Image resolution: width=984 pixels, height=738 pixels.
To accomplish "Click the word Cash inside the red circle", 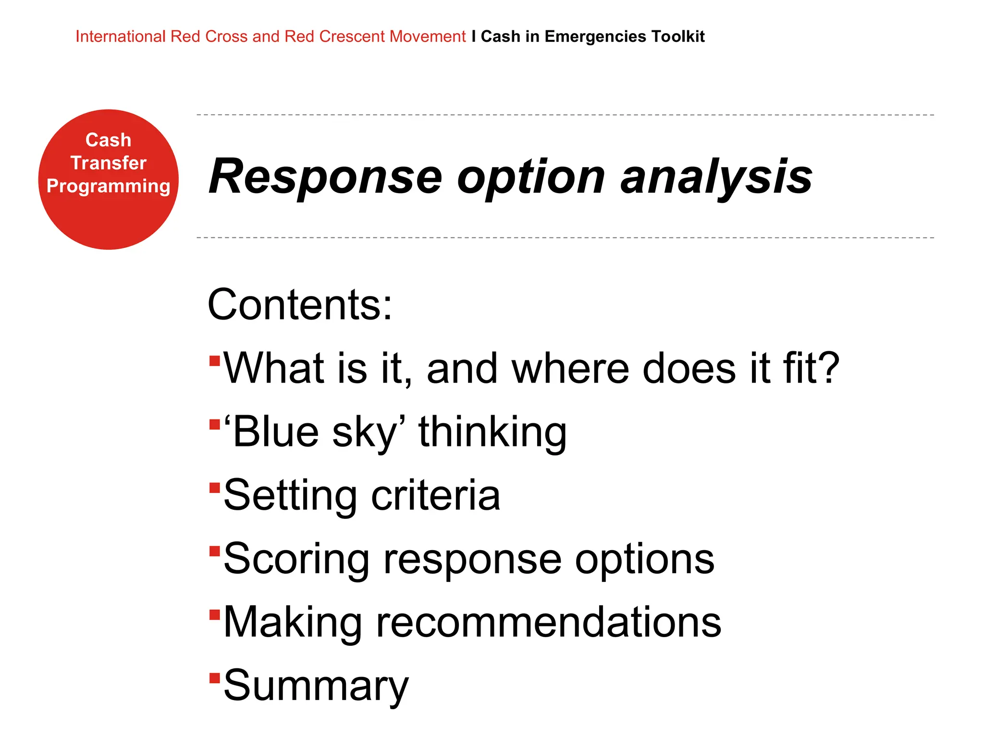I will pyautogui.click(x=108, y=140).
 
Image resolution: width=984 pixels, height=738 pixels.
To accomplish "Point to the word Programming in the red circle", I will pyautogui.click(x=108, y=186).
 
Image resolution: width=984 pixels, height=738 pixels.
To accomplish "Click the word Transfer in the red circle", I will pyautogui.click(x=108, y=163).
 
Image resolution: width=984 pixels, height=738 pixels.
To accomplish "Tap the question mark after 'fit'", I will pyautogui.click(x=828, y=368).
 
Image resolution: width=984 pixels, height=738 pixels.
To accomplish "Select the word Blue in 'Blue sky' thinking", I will pyautogui.click(x=276, y=431).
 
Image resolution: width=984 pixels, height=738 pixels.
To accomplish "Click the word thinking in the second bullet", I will pyautogui.click(x=492, y=432).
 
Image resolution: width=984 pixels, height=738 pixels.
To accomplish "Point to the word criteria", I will pyautogui.click(x=435, y=495).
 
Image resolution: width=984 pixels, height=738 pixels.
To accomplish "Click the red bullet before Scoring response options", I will pyautogui.click(x=215, y=551).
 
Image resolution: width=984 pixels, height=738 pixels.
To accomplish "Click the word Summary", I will pyautogui.click(x=316, y=686).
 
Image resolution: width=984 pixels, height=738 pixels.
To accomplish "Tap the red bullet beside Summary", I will pyautogui.click(x=215, y=678).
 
